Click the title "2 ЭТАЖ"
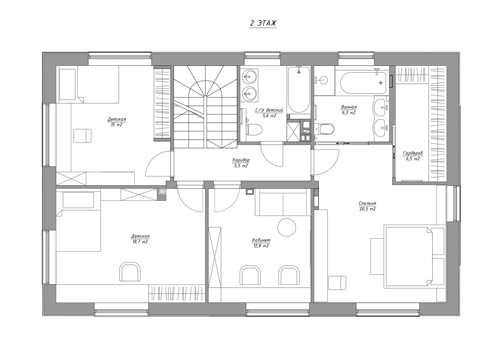pyautogui.click(x=263, y=23)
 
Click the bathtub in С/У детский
pyautogui.click(x=299, y=89)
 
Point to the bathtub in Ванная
pyautogui.click(x=363, y=83)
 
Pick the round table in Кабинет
pyautogui.click(x=287, y=227)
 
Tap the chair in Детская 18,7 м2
pyautogui.click(x=130, y=271)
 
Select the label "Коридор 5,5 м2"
pyautogui.click(x=241, y=163)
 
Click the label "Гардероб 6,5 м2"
pyautogui.click(x=413, y=156)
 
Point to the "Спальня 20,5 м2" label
pyautogui.click(x=367, y=206)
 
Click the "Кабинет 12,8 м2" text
pyautogui.click(x=261, y=243)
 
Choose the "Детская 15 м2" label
pyautogui.click(x=117, y=122)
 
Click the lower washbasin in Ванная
pyautogui.click(x=380, y=128)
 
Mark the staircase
pyautogui.click(x=205, y=107)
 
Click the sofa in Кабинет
pyautogui.click(x=283, y=202)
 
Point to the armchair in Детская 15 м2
pyautogui.click(x=82, y=136)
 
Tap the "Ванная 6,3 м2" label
pyautogui.click(x=348, y=110)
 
